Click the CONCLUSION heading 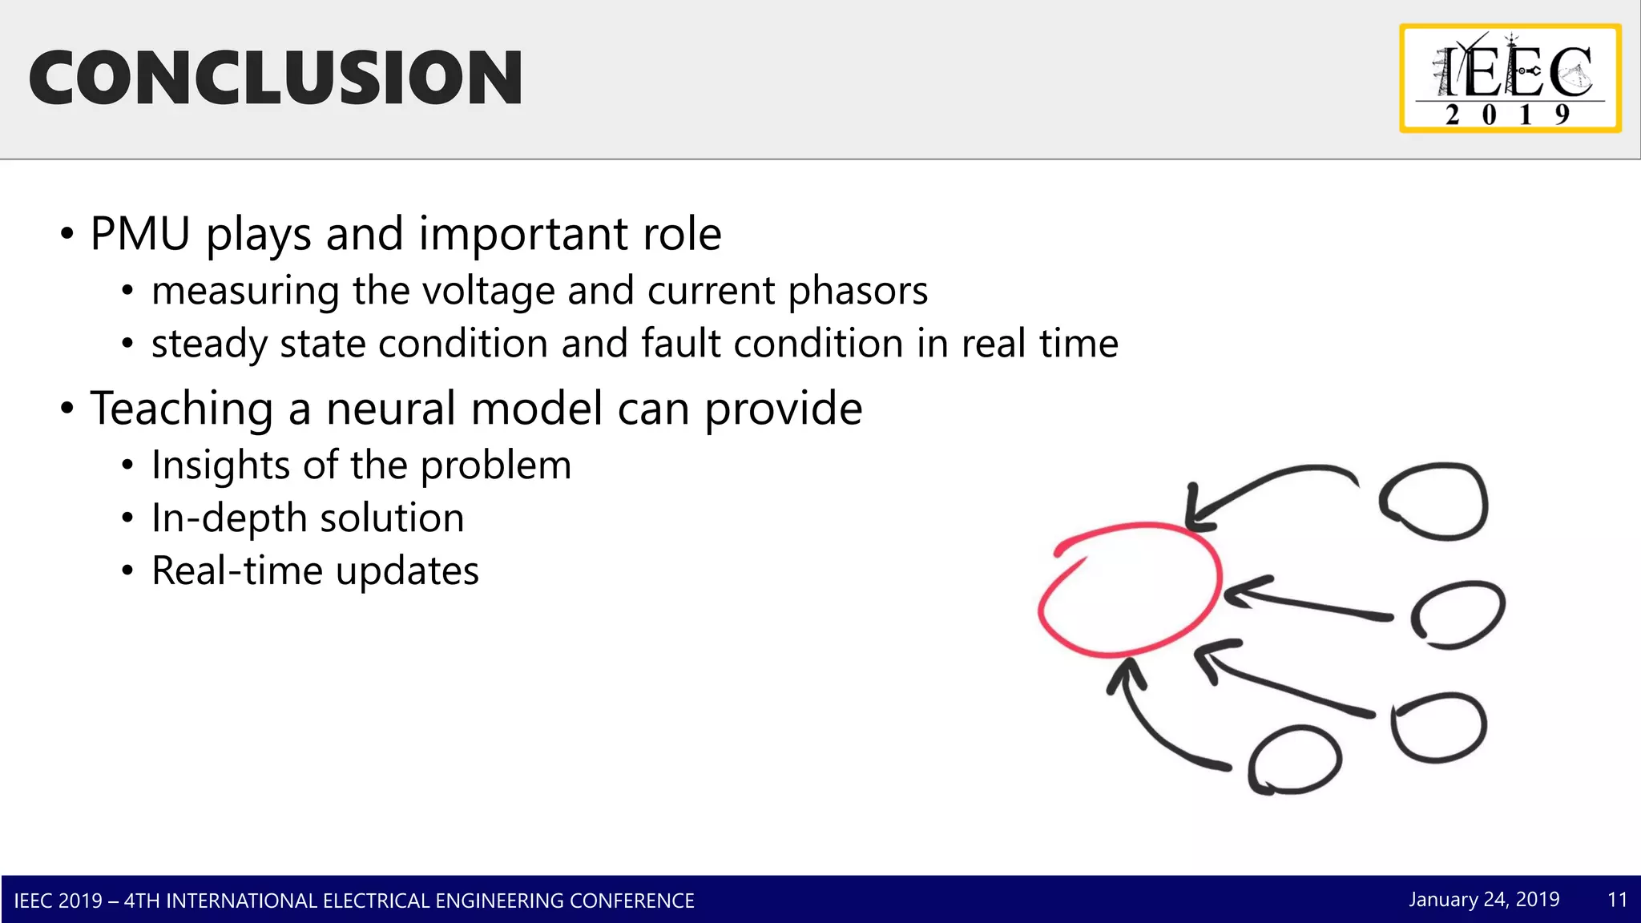point(276,78)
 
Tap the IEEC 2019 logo point(1510,79)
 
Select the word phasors point(857,291)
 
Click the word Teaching point(182,409)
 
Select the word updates point(406,572)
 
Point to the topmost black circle point(1434,502)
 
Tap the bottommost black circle point(1294,760)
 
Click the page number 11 point(1617,900)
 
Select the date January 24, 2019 point(1484,900)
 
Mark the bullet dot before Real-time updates point(127,571)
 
